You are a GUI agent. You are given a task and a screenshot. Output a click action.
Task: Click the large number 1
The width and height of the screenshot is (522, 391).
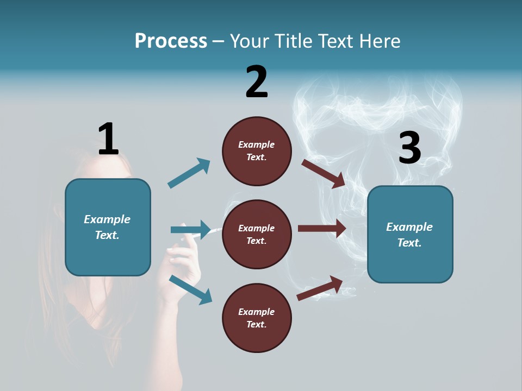[108, 139]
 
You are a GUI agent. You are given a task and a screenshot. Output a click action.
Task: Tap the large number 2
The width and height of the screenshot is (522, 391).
[257, 82]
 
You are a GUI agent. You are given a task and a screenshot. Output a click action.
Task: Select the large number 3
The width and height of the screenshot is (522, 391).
[409, 148]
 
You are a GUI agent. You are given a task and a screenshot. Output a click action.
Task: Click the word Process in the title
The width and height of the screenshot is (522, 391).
[171, 41]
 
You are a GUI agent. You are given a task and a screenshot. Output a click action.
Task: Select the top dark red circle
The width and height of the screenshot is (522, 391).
[257, 151]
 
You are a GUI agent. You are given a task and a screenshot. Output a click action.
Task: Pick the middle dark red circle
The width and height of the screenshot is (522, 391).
[257, 235]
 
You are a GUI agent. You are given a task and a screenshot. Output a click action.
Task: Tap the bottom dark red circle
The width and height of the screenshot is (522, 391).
[257, 318]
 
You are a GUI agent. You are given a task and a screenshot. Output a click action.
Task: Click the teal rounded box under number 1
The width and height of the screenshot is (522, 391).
[108, 227]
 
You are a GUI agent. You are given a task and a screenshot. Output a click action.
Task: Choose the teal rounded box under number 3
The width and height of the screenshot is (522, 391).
[410, 235]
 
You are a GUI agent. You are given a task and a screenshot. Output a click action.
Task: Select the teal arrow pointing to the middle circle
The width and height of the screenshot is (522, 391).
[190, 230]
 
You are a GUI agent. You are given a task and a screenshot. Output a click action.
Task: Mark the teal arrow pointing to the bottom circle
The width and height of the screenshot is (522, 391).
[191, 289]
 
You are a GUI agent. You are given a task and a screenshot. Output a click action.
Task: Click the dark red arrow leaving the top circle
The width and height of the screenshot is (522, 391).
[324, 173]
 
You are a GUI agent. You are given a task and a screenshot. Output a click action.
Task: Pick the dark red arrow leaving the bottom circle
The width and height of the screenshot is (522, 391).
[320, 288]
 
